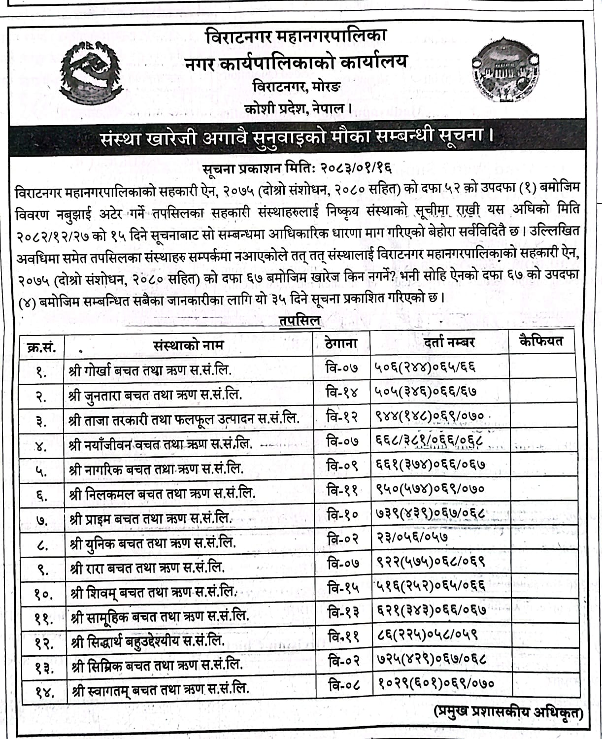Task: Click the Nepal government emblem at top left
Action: (x=91, y=68)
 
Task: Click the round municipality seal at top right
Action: (x=504, y=72)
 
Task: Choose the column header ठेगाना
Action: (x=341, y=343)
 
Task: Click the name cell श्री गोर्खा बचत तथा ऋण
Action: (x=151, y=369)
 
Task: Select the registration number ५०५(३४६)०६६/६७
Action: (x=425, y=392)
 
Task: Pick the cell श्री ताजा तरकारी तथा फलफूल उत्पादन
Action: (x=185, y=419)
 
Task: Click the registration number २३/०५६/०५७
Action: (x=412, y=537)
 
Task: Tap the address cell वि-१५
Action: (x=343, y=587)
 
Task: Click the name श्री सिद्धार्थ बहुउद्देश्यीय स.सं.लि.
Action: (x=148, y=640)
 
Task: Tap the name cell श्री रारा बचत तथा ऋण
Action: (x=148, y=567)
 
